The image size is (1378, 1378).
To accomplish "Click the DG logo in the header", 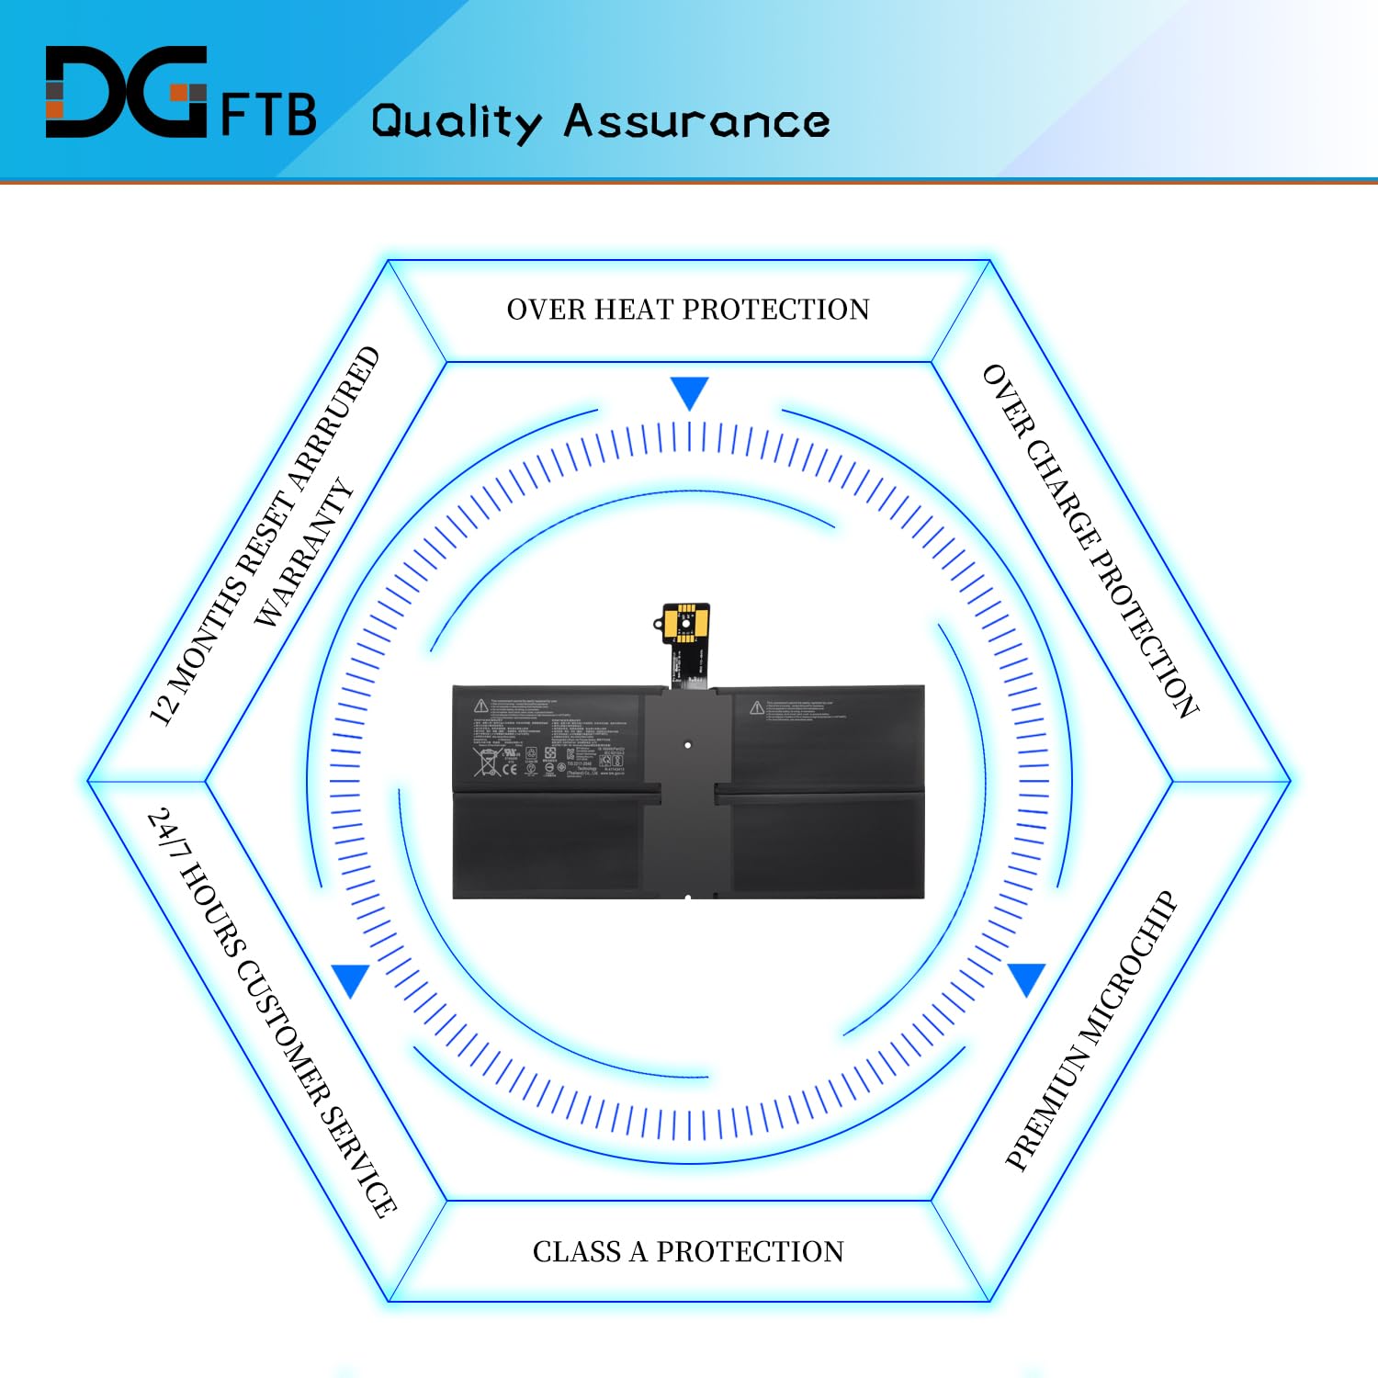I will (126, 92).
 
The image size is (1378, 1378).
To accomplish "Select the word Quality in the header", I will (457, 122).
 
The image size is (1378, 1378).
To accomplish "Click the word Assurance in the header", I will (696, 121).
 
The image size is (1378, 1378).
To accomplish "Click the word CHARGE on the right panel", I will (1064, 494).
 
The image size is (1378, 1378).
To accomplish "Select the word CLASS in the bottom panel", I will (576, 1251).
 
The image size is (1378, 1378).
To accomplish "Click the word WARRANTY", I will (304, 553).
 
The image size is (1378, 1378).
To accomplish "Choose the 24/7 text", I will (164, 830).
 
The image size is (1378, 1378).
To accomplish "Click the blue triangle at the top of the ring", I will (689, 392).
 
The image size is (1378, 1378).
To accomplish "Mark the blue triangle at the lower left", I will (351, 979).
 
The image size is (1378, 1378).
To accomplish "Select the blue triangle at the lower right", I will (1026, 978).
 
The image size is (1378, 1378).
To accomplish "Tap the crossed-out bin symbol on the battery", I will (485, 762).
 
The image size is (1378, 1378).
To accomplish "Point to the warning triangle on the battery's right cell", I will (756, 707).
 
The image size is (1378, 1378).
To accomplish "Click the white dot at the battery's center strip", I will (688, 745).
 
